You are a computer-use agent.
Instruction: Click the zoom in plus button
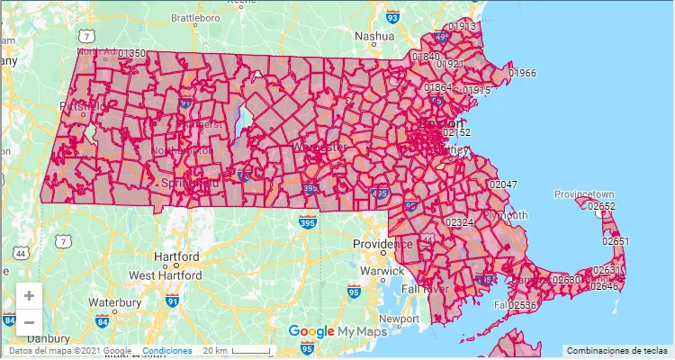(x=30, y=295)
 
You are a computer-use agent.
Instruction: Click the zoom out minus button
(x=30, y=321)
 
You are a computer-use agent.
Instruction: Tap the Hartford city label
(x=175, y=256)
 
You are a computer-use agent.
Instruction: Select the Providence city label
(x=382, y=244)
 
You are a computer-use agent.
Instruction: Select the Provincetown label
(x=583, y=194)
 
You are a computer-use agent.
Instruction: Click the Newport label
(x=400, y=319)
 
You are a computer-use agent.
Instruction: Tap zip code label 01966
(x=522, y=73)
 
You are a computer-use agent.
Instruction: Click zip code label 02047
(x=503, y=184)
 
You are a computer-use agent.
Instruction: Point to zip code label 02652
(x=601, y=206)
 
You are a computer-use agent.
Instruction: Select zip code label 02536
(x=522, y=306)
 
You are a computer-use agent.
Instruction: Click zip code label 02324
(x=460, y=221)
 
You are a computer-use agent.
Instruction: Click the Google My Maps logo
(x=337, y=331)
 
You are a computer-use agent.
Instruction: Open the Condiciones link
(x=167, y=350)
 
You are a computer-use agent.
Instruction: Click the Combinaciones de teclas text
(x=617, y=350)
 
